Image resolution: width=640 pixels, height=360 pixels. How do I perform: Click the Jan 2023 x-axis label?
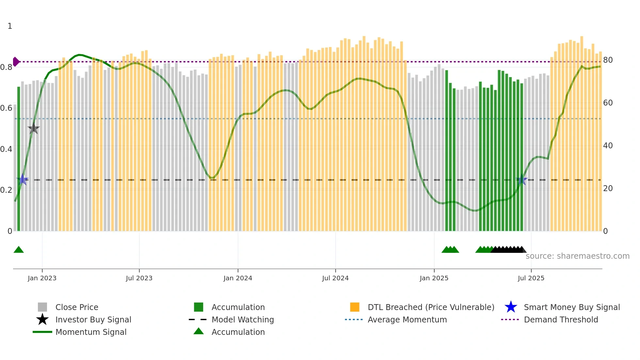(42, 278)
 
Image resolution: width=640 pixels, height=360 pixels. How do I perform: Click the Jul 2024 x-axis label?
(335, 278)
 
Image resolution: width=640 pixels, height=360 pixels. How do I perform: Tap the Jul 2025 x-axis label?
(531, 278)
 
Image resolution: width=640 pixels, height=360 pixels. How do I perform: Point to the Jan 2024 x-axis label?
(238, 278)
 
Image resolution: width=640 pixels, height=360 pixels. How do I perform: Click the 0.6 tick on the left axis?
(7, 108)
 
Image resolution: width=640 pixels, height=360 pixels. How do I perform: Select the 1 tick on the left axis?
(10, 26)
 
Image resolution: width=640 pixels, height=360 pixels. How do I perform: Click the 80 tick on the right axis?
(608, 60)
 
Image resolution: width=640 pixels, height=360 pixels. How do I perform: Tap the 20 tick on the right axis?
(608, 188)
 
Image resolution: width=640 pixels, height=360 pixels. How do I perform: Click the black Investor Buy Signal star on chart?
(33, 129)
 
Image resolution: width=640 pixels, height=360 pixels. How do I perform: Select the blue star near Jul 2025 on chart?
(521, 180)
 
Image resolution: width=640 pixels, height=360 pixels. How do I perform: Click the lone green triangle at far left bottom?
(19, 250)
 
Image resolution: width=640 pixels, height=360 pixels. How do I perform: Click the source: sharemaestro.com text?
(577, 256)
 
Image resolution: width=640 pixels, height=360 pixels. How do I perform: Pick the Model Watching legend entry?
(242, 319)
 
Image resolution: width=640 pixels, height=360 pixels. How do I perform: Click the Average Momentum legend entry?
(407, 319)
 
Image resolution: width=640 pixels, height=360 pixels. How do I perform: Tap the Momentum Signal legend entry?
(91, 332)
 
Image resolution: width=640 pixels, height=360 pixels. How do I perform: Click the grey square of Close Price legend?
(42, 307)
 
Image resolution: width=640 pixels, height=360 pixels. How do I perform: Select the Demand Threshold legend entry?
(561, 319)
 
